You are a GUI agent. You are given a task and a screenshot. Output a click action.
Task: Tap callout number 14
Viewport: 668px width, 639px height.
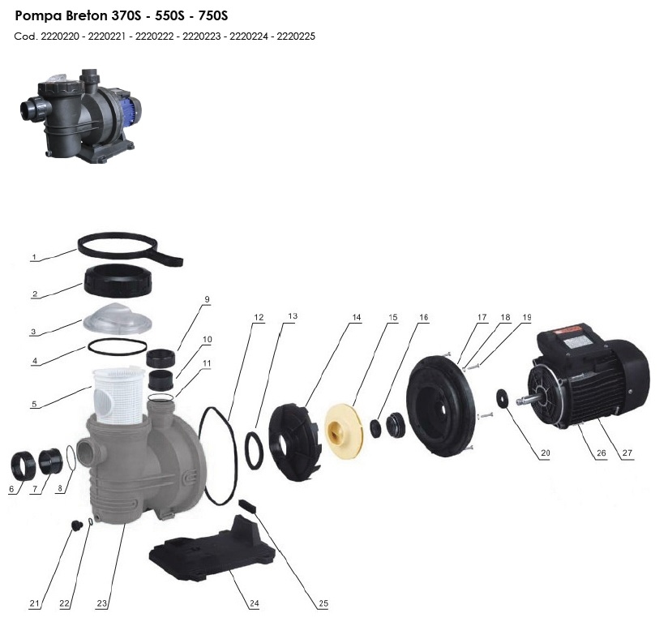(356, 318)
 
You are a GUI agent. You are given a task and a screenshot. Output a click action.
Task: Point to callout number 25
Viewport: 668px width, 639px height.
(323, 603)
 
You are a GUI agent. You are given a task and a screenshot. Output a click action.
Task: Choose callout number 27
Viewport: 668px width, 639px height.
(627, 452)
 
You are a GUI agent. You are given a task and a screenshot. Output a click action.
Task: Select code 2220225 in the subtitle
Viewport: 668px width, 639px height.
(296, 36)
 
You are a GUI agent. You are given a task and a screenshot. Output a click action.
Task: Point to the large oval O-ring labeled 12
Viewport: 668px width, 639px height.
(218, 456)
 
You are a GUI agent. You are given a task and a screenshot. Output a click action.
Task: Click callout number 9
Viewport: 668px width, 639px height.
(207, 299)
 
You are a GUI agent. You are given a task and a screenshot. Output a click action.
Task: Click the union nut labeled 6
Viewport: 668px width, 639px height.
(22, 466)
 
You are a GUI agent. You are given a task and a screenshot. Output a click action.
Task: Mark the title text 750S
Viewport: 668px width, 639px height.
(213, 15)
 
